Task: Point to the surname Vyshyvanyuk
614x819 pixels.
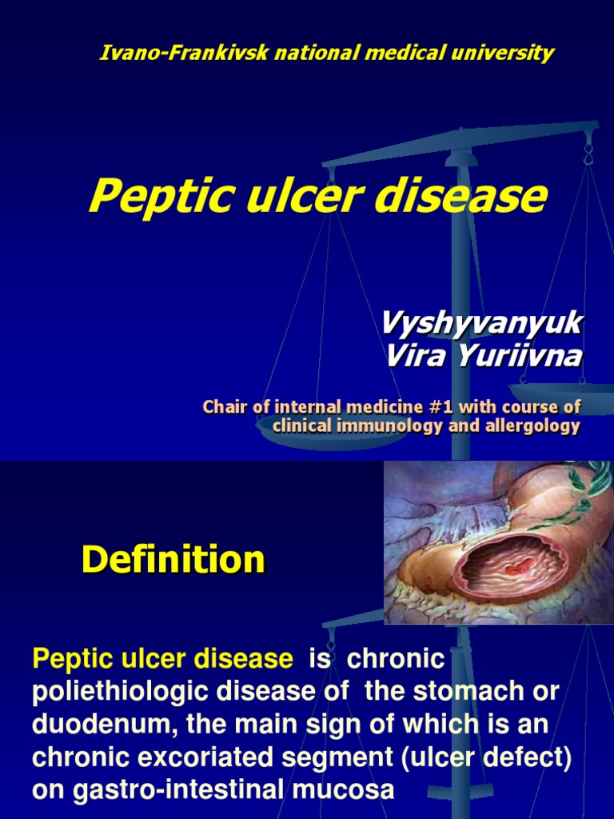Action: click(481, 324)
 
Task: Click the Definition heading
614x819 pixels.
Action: click(173, 560)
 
